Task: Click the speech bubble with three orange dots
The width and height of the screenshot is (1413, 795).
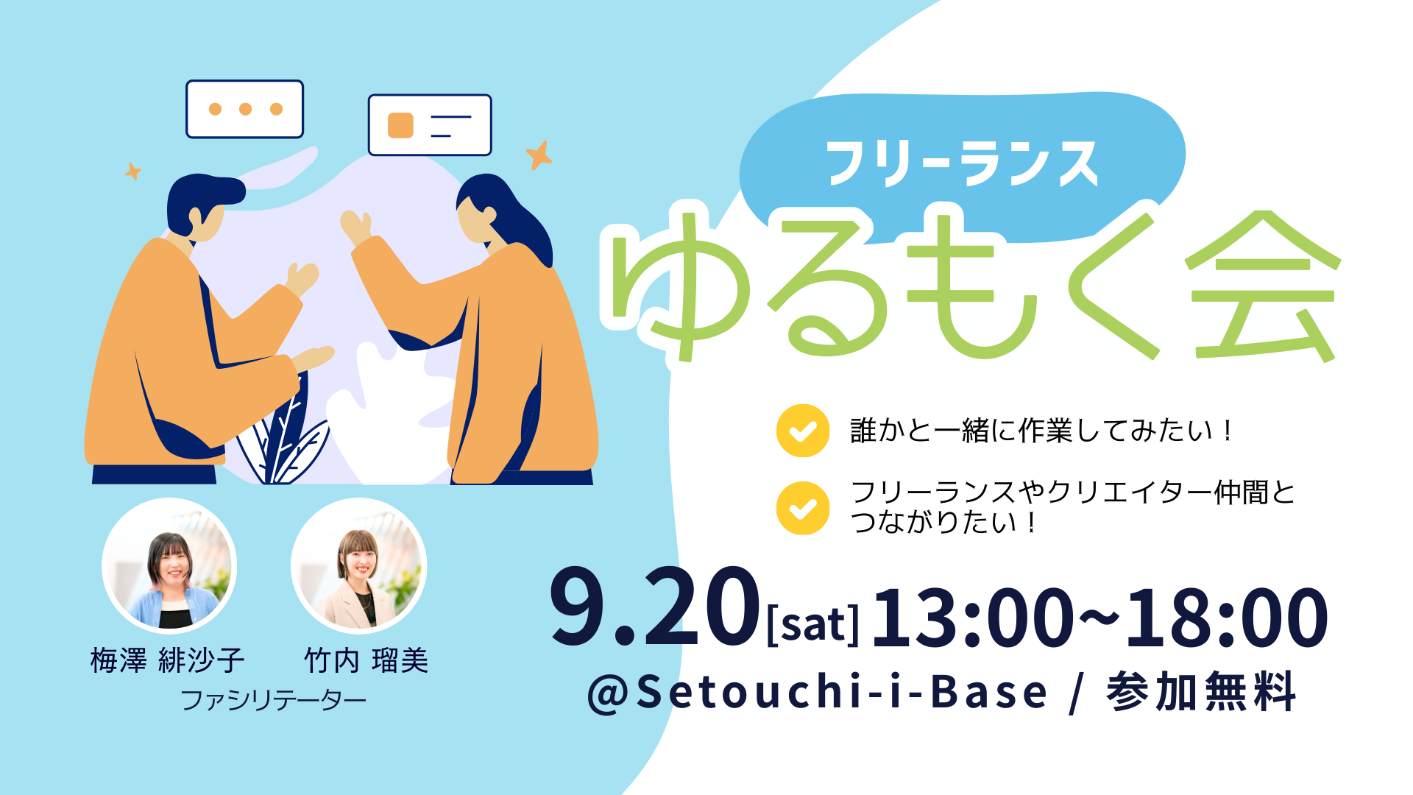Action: click(244, 109)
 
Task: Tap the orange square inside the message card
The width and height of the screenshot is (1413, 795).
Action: click(400, 125)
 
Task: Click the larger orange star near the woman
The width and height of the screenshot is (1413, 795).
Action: click(539, 155)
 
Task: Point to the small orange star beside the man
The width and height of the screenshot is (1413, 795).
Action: click(132, 172)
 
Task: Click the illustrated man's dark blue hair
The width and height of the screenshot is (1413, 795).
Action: click(199, 193)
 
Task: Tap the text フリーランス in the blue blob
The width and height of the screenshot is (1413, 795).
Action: click(962, 163)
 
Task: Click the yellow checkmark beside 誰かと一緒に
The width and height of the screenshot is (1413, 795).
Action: click(803, 431)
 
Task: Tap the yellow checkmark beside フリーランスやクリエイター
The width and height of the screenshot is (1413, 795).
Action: click(803, 508)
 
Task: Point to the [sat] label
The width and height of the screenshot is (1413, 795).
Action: click(813, 624)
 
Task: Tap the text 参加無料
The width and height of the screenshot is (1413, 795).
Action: click(1201, 692)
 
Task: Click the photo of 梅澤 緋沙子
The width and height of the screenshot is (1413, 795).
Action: click(169, 565)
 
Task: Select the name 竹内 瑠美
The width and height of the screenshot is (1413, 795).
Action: click(366, 660)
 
